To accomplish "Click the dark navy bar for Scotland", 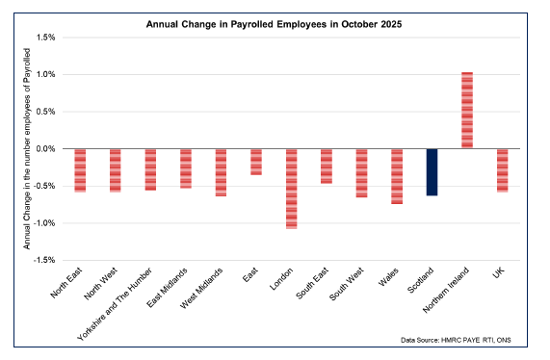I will pyautogui.click(x=432, y=172).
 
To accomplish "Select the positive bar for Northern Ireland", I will pyautogui.click(x=467, y=110).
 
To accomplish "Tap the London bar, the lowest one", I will pyautogui.click(x=291, y=189).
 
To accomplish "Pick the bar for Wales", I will pyautogui.click(x=397, y=176).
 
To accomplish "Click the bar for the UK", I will pyautogui.click(x=502, y=170).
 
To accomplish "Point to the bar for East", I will pyautogui.click(x=256, y=162).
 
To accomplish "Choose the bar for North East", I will pyautogui.click(x=80, y=170).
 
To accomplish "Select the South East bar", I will pyautogui.click(x=327, y=166).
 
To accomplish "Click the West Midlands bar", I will pyautogui.click(x=221, y=172).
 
